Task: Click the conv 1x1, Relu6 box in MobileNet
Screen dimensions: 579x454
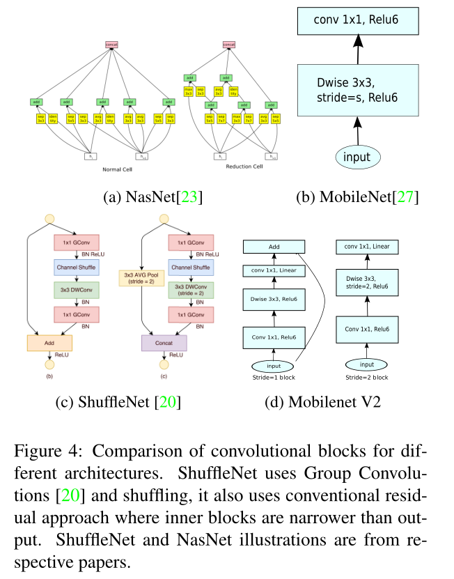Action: [x=357, y=19]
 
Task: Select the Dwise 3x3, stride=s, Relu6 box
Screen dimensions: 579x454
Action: [x=357, y=91]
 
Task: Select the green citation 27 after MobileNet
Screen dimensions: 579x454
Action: [x=407, y=197]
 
